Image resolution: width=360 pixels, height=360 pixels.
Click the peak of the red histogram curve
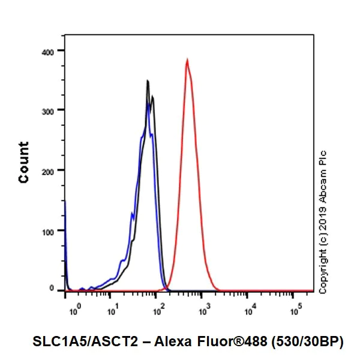(x=187, y=60)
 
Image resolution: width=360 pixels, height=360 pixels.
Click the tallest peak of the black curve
(x=147, y=81)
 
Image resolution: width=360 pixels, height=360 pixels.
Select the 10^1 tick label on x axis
(x=112, y=311)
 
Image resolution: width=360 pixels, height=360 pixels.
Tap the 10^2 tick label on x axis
(x=158, y=311)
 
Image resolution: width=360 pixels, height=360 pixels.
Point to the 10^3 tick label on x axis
(x=204, y=311)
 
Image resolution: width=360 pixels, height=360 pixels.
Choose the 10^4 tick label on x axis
(x=250, y=311)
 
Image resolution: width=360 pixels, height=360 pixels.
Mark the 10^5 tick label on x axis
(x=295, y=311)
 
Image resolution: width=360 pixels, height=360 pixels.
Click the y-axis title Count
(x=24, y=163)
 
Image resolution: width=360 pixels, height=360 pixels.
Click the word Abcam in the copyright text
(x=324, y=184)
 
